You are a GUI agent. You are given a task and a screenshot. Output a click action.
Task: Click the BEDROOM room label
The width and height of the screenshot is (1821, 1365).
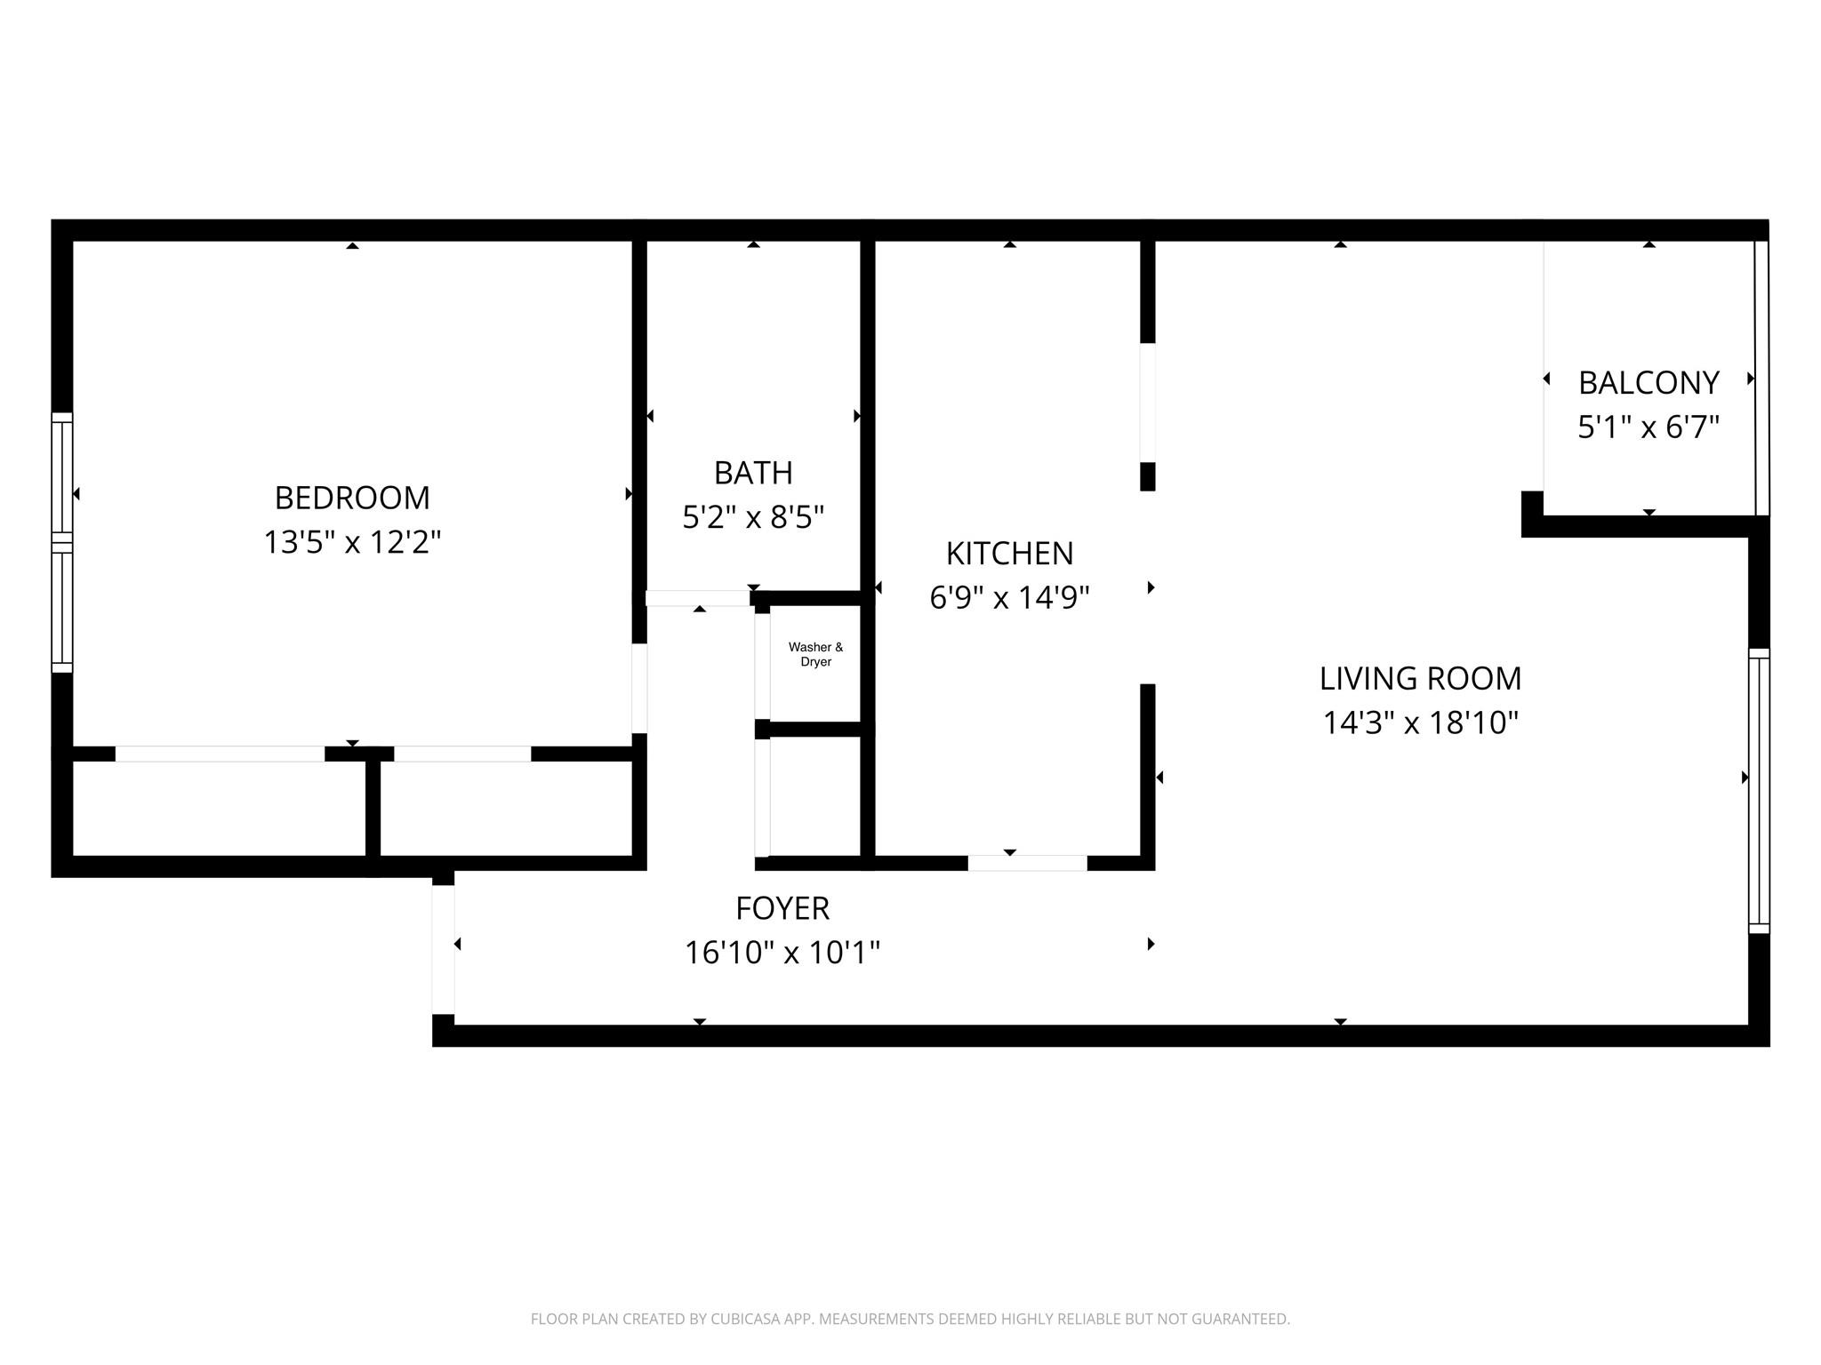pos(352,498)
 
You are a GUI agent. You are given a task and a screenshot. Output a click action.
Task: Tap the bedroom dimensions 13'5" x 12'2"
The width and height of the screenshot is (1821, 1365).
pos(352,542)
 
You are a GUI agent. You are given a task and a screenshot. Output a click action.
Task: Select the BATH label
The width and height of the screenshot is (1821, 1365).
pos(753,473)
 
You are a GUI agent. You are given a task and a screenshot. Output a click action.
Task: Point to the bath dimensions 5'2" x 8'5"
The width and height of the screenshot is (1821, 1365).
pos(753,517)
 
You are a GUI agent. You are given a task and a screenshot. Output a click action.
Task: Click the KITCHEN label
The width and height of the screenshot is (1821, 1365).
pos(1009,554)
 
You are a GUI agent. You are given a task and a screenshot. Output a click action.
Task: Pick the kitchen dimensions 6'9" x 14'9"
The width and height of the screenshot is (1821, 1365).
pos(1009,598)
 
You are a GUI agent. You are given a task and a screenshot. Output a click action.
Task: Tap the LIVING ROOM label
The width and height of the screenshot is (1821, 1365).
pos(1420,679)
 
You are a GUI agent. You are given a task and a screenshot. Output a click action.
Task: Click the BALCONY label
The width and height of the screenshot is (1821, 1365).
pos(1649,383)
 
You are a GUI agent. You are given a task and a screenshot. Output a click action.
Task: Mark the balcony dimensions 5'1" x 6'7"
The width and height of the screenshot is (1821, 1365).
pos(1649,427)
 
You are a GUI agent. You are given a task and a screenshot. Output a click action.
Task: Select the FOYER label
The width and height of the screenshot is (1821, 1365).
pos(782,908)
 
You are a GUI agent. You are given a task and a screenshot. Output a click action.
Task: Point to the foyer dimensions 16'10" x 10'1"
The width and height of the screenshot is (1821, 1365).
pos(782,953)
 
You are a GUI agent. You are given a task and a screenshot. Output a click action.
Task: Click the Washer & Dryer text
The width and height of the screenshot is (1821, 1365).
pos(815,655)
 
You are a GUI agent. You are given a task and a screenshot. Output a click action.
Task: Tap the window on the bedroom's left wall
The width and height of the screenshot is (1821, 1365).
pos(61,542)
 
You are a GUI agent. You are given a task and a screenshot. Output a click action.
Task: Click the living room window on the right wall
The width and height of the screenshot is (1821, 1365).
pos(1759,791)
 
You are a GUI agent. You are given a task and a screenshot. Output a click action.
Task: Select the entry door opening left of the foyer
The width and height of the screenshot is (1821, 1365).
pos(443,950)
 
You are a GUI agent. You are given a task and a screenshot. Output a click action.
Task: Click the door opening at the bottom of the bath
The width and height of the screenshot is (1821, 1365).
pos(698,598)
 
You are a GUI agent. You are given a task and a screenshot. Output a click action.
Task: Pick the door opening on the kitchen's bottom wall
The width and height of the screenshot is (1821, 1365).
pos(1027,863)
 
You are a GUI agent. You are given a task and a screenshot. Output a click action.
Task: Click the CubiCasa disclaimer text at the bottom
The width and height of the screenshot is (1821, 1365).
pos(910,1319)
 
